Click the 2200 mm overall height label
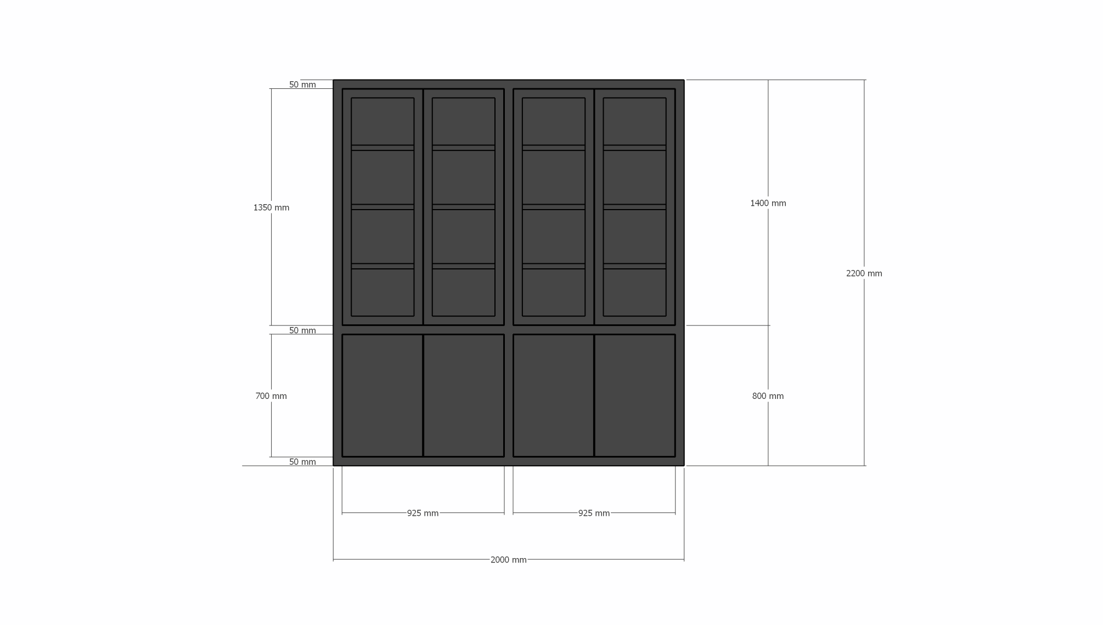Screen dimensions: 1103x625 coord(864,273)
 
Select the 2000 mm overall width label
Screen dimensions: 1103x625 coord(508,560)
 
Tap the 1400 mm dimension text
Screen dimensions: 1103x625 coord(768,203)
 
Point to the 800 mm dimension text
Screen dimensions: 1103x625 coord(768,396)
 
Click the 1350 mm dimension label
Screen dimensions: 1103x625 coord(271,207)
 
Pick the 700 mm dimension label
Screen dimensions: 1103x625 coord(271,396)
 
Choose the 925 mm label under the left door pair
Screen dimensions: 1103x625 coord(423,513)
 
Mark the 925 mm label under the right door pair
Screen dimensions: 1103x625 coord(594,513)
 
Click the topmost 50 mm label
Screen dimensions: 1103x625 coord(302,85)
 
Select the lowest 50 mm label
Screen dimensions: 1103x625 coord(302,461)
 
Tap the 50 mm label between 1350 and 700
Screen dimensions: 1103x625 coord(302,330)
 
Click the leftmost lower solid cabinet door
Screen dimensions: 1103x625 coord(382,395)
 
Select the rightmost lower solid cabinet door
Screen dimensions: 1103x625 coord(634,395)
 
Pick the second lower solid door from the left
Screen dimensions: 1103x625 coord(464,395)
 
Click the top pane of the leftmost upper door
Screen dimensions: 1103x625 coord(382,121)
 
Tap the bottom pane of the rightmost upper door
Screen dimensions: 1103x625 coord(634,292)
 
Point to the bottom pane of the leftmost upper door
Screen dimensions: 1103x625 coord(382,292)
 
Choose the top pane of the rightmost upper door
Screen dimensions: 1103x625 coord(634,121)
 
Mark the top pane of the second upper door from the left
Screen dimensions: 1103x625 coord(464,121)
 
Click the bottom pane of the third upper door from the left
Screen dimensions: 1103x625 coord(553,292)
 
